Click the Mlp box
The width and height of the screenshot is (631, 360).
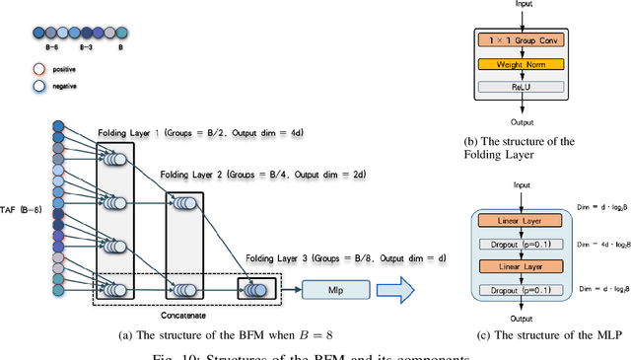pyautogui.click(x=337, y=289)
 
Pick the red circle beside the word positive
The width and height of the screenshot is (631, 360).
pyautogui.click(x=39, y=70)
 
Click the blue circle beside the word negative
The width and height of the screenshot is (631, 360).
pyautogui.click(x=39, y=87)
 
